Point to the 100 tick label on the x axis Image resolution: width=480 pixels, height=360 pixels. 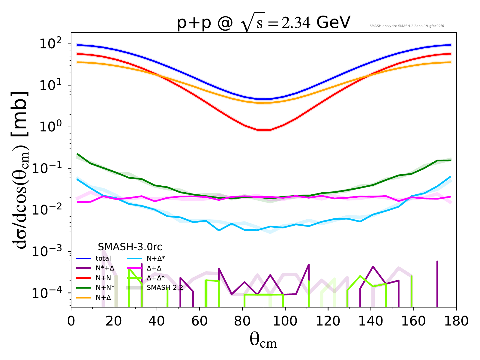pyautogui.click(x=285, y=321)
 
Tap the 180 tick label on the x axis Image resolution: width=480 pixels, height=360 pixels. pyautogui.click(x=456, y=321)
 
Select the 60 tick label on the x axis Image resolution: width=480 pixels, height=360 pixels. pyautogui.click(x=199, y=321)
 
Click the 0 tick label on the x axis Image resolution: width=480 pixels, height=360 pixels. pyautogui.click(x=71, y=321)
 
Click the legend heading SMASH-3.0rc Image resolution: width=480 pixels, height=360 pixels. pyautogui.click(x=130, y=247)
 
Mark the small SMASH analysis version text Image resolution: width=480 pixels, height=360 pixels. pyautogui.click(x=406, y=26)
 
